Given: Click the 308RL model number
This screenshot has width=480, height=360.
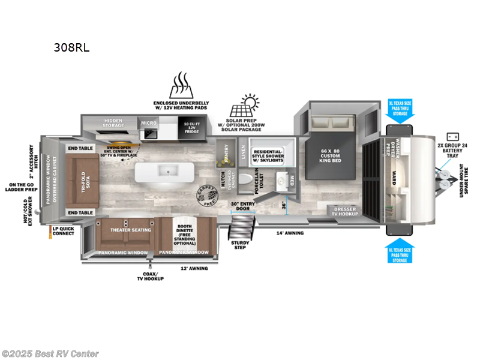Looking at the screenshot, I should pos(72,48).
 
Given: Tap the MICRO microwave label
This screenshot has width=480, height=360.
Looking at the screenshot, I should pos(148,123).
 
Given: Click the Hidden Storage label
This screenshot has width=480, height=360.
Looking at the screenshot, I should pos(114,122).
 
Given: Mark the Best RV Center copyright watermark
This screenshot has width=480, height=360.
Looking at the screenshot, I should pos(50,354).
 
